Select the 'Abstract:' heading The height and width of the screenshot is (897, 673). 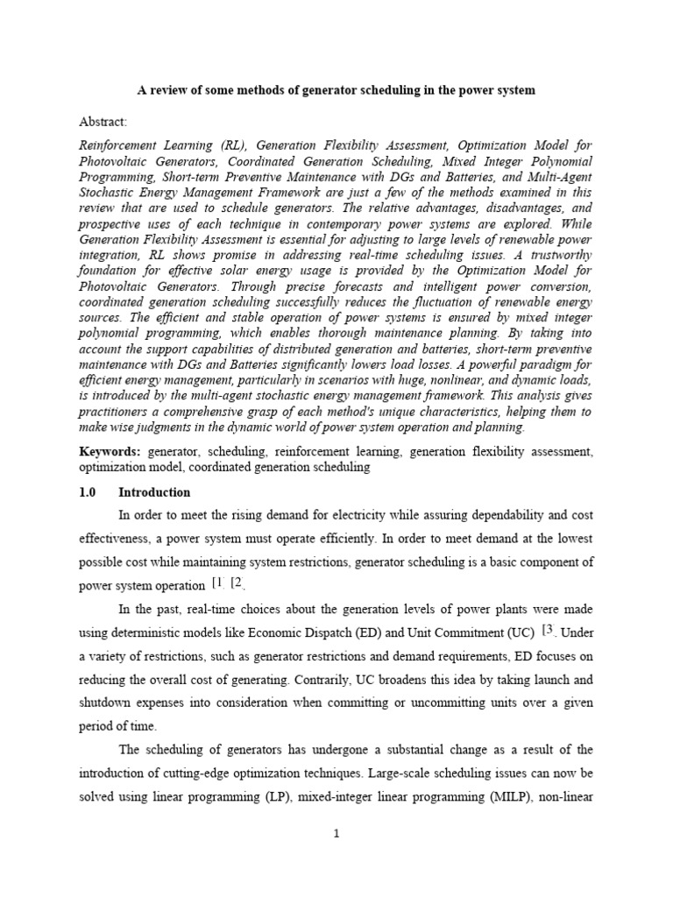(103, 121)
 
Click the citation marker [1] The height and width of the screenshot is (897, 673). (218, 583)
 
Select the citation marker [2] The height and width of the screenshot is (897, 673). (237, 583)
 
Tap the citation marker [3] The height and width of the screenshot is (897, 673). (549, 629)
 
